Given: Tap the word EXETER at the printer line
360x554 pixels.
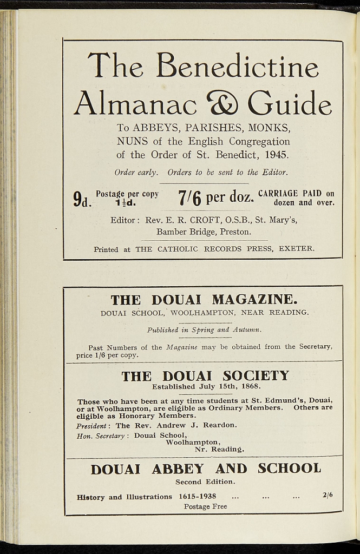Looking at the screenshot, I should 296,249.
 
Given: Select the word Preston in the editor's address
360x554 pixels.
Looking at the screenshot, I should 235,232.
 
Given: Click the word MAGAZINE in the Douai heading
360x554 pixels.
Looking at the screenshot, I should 254,299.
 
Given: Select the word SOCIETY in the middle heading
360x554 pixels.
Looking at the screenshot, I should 256,375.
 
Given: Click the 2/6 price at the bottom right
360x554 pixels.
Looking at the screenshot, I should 328,494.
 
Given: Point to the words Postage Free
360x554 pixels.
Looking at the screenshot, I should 205,507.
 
